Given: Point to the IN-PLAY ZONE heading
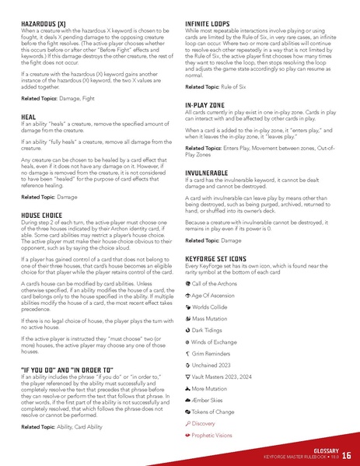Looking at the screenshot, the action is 212,104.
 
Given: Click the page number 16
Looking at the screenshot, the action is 346,455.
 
